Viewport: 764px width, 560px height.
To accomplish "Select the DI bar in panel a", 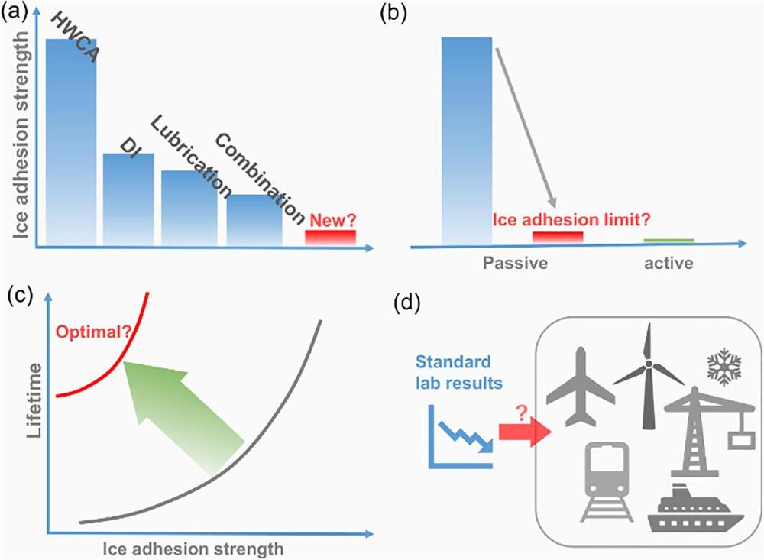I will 128,199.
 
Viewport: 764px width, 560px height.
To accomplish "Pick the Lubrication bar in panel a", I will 189,208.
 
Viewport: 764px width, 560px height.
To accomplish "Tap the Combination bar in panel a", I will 254,220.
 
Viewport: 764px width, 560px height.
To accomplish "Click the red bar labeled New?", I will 331,238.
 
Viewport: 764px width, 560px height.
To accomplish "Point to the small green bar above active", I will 668,241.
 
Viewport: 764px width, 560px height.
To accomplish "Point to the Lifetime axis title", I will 31,405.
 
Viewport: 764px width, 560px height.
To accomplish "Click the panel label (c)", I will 21,296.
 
